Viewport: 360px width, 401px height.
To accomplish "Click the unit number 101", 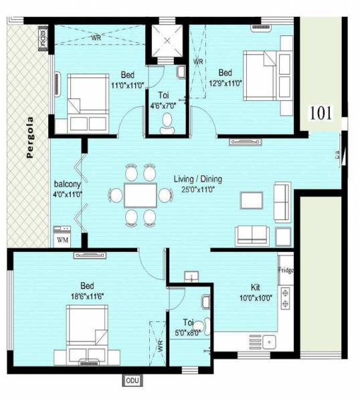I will [x=322, y=113].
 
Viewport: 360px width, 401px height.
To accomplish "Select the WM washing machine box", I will [x=62, y=239].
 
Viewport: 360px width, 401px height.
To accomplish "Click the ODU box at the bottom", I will [x=131, y=380].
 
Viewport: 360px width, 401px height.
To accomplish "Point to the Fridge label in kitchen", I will [x=286, y=271].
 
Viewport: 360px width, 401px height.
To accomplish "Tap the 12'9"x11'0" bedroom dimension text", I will [x=226, y=83].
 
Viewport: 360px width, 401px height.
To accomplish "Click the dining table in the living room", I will [x=141, y=195].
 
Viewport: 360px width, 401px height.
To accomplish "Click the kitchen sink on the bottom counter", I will [x=271, y=342].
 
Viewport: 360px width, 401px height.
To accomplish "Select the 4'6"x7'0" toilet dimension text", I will [x=163, y=105].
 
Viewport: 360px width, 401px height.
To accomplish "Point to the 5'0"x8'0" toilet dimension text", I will [x=188, y=331].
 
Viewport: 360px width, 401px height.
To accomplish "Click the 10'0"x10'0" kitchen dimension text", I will [x=255, y=299].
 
